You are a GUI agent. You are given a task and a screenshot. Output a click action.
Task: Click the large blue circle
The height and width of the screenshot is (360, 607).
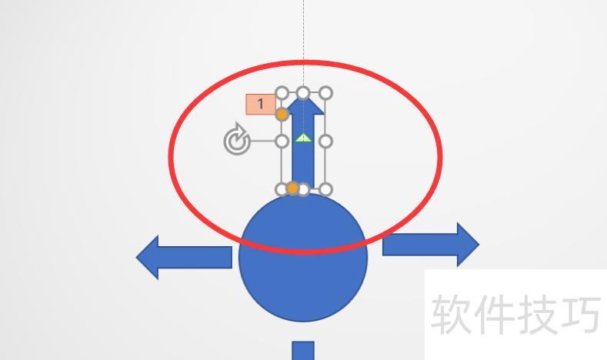[x=303, y=258]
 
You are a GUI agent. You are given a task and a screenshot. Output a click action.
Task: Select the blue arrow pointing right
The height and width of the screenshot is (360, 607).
[x=431, y=245]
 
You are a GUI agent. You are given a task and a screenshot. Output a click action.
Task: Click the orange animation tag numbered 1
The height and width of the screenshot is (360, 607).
[x=260, y=104]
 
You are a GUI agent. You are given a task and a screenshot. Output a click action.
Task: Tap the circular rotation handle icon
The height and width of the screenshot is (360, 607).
[x=236, y=142]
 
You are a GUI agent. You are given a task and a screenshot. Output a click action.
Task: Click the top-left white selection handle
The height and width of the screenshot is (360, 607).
[x=282, y=94]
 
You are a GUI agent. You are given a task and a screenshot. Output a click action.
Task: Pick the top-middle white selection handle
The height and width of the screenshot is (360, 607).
[x=303, y=94]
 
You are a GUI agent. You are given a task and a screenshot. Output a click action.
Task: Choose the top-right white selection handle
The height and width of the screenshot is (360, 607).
[x=325, y=94]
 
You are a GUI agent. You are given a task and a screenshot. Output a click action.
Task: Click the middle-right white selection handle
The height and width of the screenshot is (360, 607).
[x=325, y=142]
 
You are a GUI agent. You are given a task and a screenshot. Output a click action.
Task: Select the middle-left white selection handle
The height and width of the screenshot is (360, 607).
[x=282, y=142]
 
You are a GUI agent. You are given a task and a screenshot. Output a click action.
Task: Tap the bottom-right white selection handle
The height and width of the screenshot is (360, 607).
[x=325, y=189]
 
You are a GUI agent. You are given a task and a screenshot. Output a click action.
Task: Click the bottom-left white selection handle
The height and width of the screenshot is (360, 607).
[x=282, y=189]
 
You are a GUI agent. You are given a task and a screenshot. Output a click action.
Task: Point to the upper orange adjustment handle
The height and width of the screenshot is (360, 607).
[x=282, y=115]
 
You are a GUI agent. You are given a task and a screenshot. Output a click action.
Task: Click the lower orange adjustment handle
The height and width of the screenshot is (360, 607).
[x=292, y=188]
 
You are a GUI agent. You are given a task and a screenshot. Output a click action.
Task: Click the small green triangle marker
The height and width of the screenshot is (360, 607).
[x=303, y=138]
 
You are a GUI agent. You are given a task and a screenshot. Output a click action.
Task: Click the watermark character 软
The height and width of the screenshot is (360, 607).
[x=451, y=315]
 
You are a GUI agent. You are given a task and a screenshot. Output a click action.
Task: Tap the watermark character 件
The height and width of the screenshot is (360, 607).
[x=492, y=315]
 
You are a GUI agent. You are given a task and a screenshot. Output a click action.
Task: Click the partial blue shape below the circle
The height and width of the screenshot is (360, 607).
[x=303, y=351]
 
